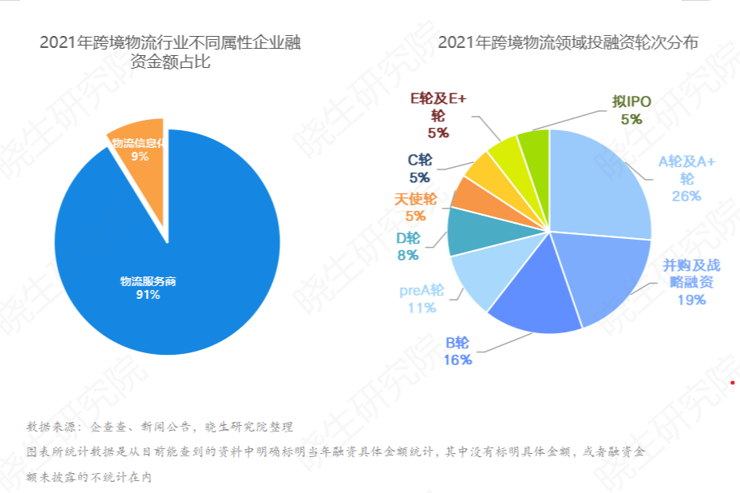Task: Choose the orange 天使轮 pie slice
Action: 472,194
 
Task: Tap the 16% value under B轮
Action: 458,360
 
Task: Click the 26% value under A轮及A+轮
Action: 687,196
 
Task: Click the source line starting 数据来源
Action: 160,426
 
